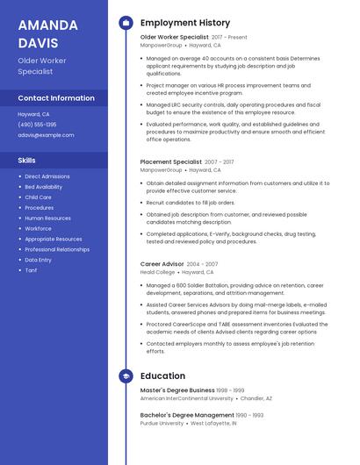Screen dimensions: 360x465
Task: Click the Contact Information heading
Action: (x=56, y=98)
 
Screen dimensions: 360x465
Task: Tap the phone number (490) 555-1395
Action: (x=37, y=125)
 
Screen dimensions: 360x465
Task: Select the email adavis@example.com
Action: (x=46, y=135)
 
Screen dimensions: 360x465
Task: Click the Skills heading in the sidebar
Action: (x=27, y=161)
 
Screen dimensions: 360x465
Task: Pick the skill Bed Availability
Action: (x=43, y=187)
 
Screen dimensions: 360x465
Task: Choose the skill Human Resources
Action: (x=47, y=218)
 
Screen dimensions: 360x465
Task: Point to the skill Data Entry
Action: (x=38, y=260)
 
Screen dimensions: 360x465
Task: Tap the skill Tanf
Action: (x=31, y=270)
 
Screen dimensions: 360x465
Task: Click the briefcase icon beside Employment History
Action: (x=126, y=23)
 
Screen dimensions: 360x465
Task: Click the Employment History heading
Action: (x=185, y=23)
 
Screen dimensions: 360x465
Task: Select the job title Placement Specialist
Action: (x=170, y=162)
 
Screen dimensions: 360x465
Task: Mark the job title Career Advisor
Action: (x=162, y=263)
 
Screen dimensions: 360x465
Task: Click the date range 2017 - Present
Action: (x=229, y=38)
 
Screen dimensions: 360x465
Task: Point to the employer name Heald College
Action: (x=158, y=272)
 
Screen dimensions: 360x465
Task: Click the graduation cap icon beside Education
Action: (x=126, y=376)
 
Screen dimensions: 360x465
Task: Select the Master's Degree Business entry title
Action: (x=177, y=390)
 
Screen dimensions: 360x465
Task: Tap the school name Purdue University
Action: (x=162, y=423)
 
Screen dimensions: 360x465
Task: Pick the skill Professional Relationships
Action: (x=57, y=249)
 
